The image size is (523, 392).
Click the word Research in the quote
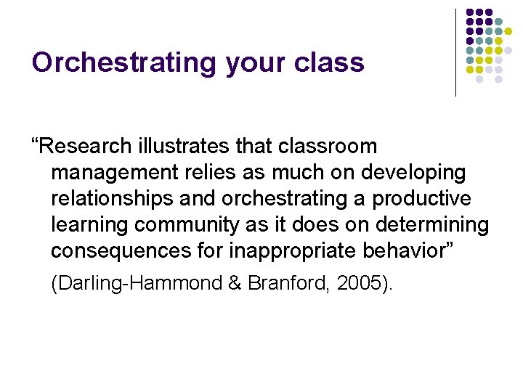pyautogui.click(x=86, y=146)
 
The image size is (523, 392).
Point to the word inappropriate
pyautogui.click(x=274, y=251)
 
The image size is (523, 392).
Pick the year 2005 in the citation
pyautogui.click(x=357, y=283)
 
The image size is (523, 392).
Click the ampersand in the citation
pyautogui.click(x=236, y=283)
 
